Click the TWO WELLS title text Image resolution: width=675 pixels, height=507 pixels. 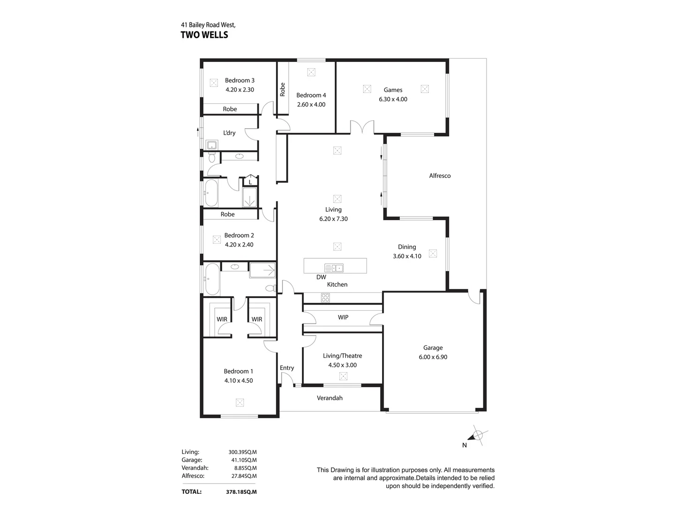pos(204,35)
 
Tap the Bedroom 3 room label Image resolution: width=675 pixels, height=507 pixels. pos(240,80)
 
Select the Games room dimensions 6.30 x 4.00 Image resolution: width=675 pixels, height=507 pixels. pos(393,99)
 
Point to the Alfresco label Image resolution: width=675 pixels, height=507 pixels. pos(440,176)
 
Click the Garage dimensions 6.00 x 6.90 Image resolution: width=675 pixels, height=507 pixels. pos(433,357)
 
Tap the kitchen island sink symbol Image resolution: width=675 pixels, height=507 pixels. pos(334,268)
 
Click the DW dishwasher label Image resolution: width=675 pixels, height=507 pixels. pos(321,277)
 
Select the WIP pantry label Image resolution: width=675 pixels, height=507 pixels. pos(343,317)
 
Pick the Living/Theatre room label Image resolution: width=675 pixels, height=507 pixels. pos(342,356)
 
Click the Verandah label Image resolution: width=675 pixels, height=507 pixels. pos(330,398)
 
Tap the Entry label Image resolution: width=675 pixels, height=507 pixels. pos(287,368)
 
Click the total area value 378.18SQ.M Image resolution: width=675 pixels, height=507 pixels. pos(241,492)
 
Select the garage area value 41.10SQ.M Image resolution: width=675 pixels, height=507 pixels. pos(243,460)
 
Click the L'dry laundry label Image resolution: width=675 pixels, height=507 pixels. pos(229,133)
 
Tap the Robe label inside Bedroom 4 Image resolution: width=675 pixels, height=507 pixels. pos(282,89)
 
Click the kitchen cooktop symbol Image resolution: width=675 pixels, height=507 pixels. pos(325,297)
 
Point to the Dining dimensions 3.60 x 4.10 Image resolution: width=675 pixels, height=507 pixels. pos(407,256)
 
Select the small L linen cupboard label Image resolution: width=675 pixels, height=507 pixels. pos(250,182)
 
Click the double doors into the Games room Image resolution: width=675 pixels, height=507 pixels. pos(362,127)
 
